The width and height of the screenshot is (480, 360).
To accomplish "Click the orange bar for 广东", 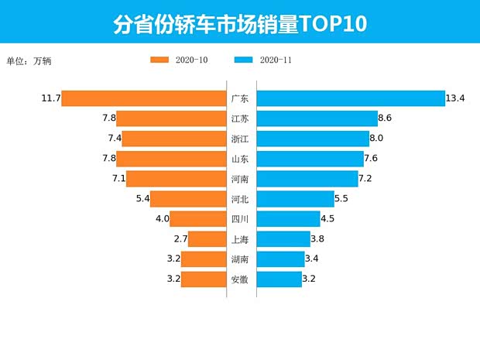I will click(x=143, y=98).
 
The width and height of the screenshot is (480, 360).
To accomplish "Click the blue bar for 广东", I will click(x=350, y=98).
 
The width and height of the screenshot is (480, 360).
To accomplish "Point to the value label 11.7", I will click(x=51, y=98).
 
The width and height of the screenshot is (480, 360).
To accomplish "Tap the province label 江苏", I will click(x=240, y=118).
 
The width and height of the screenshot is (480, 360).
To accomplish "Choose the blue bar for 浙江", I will click(x=313, y=139).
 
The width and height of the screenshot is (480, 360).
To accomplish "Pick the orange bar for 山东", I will click(x=170, y=159).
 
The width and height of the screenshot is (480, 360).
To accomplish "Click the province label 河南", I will click(x=240, y=179).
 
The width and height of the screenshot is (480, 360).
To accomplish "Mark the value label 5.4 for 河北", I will click(x=142, y=199).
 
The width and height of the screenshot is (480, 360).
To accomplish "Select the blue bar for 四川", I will click(x=288, y=219).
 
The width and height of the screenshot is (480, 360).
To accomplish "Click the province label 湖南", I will click(x=240, y=259).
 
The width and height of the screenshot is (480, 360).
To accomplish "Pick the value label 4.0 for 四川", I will click(x=162, y=219).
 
